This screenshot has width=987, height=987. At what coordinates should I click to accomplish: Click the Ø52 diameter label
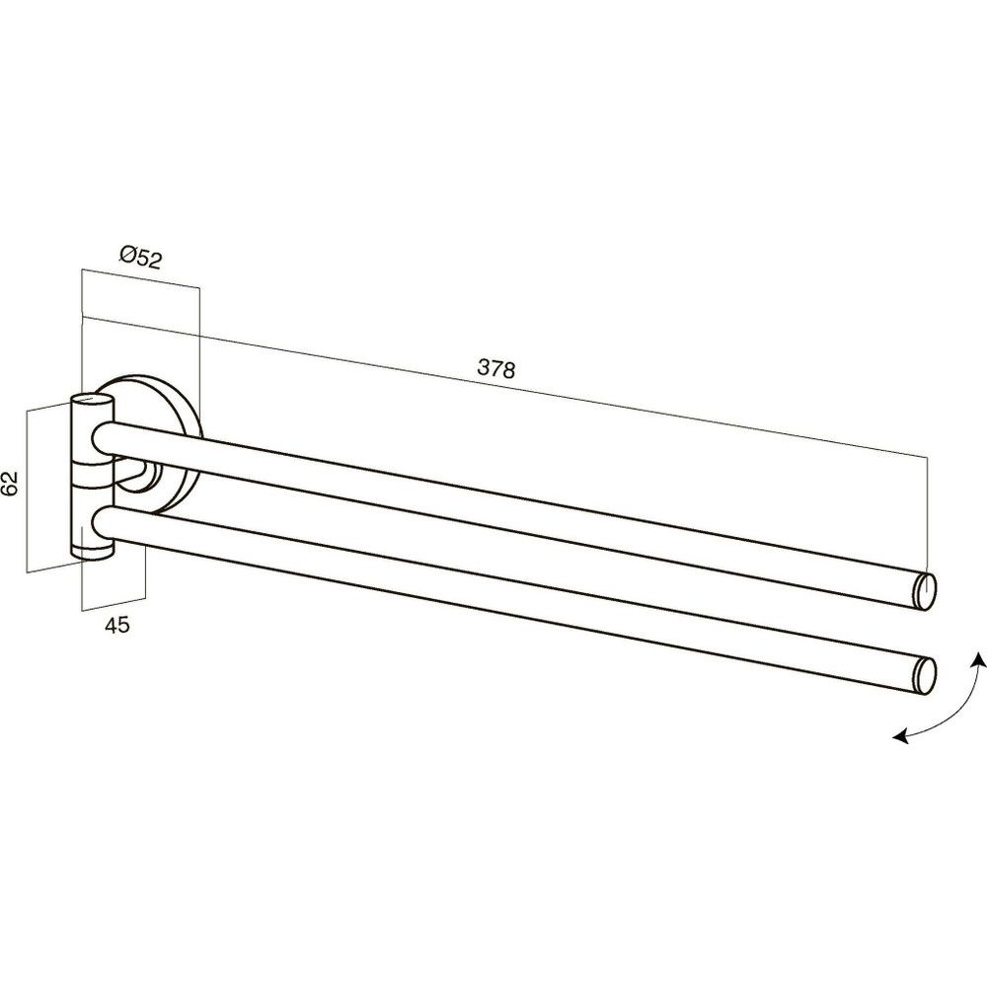tap(140, 258)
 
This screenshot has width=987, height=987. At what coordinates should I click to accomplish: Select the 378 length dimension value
tap(496, 368)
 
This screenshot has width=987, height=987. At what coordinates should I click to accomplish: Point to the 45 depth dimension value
tap(116, 625)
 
